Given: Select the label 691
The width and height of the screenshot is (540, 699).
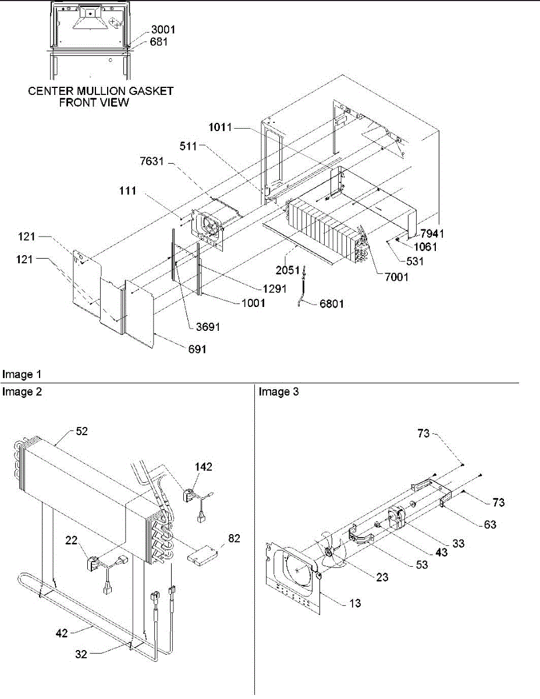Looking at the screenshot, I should tap(196, 349).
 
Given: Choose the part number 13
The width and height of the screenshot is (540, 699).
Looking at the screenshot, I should tap(354, 603).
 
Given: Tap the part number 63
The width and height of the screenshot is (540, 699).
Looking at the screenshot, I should tap(490, 524).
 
